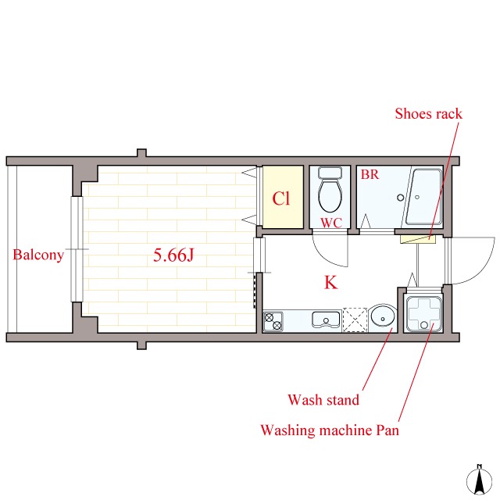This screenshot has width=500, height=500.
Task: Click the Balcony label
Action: point(38,255)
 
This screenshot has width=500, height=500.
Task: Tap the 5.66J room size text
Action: point(173,255)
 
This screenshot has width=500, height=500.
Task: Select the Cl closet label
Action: point(281,198)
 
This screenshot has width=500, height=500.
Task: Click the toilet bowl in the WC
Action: point(330,191)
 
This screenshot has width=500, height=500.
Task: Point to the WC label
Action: point(331,223)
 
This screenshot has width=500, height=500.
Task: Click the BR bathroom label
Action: point(370,175)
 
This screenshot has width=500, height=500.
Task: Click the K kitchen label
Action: point(330,282)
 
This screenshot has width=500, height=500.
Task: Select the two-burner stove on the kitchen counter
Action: point(273,321)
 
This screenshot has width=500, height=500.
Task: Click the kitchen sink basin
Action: point(326,320)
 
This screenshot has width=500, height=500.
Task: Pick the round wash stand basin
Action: point(383,317)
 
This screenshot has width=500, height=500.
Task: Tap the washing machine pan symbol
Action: point(423,314)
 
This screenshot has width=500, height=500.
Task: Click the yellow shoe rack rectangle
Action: point(418,239)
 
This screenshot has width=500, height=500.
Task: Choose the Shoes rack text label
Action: point(428,114)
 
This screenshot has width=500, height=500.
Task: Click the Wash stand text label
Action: point(323,400)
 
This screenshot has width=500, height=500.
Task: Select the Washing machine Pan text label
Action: point(330,430)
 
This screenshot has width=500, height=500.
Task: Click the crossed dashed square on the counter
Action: point(355,320)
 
